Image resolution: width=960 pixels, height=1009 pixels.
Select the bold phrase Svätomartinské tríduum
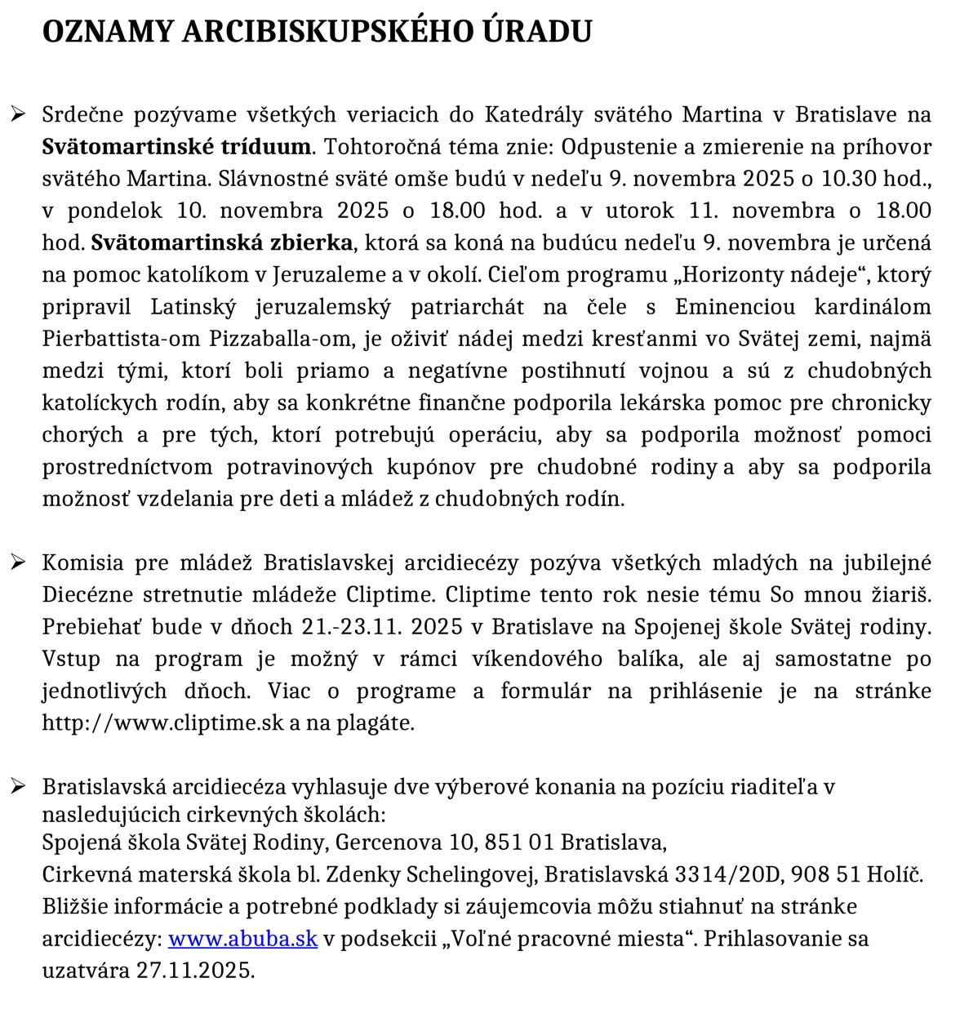[176, 147]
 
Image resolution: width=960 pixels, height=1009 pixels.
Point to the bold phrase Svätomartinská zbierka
[222, 242]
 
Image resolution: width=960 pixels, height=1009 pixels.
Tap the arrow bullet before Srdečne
[18, 114]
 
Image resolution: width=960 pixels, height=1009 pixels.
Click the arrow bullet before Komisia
[18, 562]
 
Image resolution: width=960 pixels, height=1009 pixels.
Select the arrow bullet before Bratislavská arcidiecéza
[18, 786]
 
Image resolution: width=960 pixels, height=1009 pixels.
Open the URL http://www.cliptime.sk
[162, 723]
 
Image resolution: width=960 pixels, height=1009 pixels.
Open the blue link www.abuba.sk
[242, 939]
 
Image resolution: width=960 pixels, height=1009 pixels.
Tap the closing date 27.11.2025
[195, 971]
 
